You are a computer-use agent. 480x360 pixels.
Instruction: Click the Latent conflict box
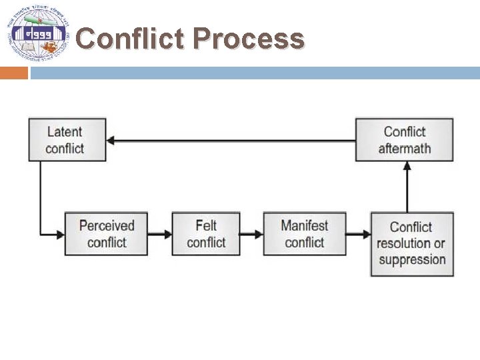click(67, 139)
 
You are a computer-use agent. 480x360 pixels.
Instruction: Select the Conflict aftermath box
click(404, 139)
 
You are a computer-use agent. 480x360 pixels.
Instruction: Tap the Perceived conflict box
click(106, 233)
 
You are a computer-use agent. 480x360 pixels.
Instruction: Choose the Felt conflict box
click(205, 233)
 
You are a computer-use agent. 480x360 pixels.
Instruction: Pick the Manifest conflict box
click(305, 233)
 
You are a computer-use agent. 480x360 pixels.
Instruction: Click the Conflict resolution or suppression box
click(412, 243)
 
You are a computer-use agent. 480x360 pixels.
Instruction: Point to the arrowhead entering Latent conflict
click(112, 141)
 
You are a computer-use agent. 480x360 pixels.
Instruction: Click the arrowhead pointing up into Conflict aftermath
click(407, 166)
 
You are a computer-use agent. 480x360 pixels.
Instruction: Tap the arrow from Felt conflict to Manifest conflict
click(251, 234)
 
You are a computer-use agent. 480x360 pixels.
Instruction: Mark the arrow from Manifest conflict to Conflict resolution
click(359, 234)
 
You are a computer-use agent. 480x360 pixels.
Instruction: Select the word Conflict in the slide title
click(130, 39)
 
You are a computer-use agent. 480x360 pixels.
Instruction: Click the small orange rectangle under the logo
click(13, 73)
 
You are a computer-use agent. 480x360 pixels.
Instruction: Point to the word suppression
click(412, 259)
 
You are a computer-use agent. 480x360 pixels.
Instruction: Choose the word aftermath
click(404, 148)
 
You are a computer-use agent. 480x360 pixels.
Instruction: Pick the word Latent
click(65, 131)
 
